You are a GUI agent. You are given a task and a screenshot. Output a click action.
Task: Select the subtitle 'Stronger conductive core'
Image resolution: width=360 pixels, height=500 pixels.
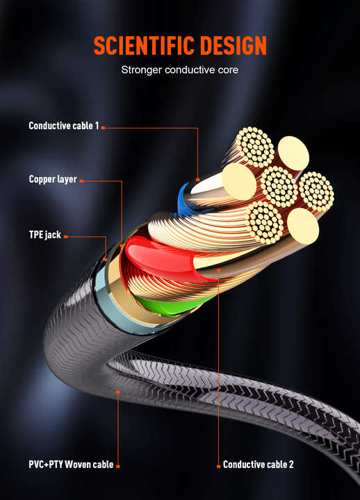point(180,70)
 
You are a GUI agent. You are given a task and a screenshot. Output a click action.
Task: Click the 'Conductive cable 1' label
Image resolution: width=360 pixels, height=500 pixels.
point(64,126)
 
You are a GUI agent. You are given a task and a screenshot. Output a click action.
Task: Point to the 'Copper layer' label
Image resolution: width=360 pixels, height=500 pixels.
point(53,179)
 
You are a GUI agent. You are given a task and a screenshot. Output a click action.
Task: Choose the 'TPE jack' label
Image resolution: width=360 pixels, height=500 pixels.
point(45,235)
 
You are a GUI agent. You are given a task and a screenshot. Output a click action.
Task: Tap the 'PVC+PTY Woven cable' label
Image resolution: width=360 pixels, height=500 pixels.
point(71,465)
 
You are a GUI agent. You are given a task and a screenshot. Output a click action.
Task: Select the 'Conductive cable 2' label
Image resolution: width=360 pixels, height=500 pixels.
point(259,465)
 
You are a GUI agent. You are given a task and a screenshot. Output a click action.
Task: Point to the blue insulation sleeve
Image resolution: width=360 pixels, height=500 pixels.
point(183,200)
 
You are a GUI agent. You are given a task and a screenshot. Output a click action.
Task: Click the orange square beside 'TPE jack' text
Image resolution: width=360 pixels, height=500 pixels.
point(66,237)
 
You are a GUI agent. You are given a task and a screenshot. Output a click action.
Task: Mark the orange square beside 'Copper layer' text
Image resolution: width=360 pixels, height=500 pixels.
point(81,181)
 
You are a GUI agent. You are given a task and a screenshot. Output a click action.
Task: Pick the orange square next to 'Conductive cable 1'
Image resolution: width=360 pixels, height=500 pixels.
point(103,128)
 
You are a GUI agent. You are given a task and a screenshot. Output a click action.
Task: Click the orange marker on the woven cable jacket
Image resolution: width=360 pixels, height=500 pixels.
point(117,392)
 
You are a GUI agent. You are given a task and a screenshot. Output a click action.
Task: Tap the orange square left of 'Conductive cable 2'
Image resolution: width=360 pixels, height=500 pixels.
point(219,466)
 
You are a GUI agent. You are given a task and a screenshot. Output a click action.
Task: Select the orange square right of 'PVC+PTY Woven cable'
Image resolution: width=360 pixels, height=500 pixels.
point(117,466)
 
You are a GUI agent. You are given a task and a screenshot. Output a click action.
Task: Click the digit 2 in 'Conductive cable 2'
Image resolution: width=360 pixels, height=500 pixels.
point(291,465)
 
